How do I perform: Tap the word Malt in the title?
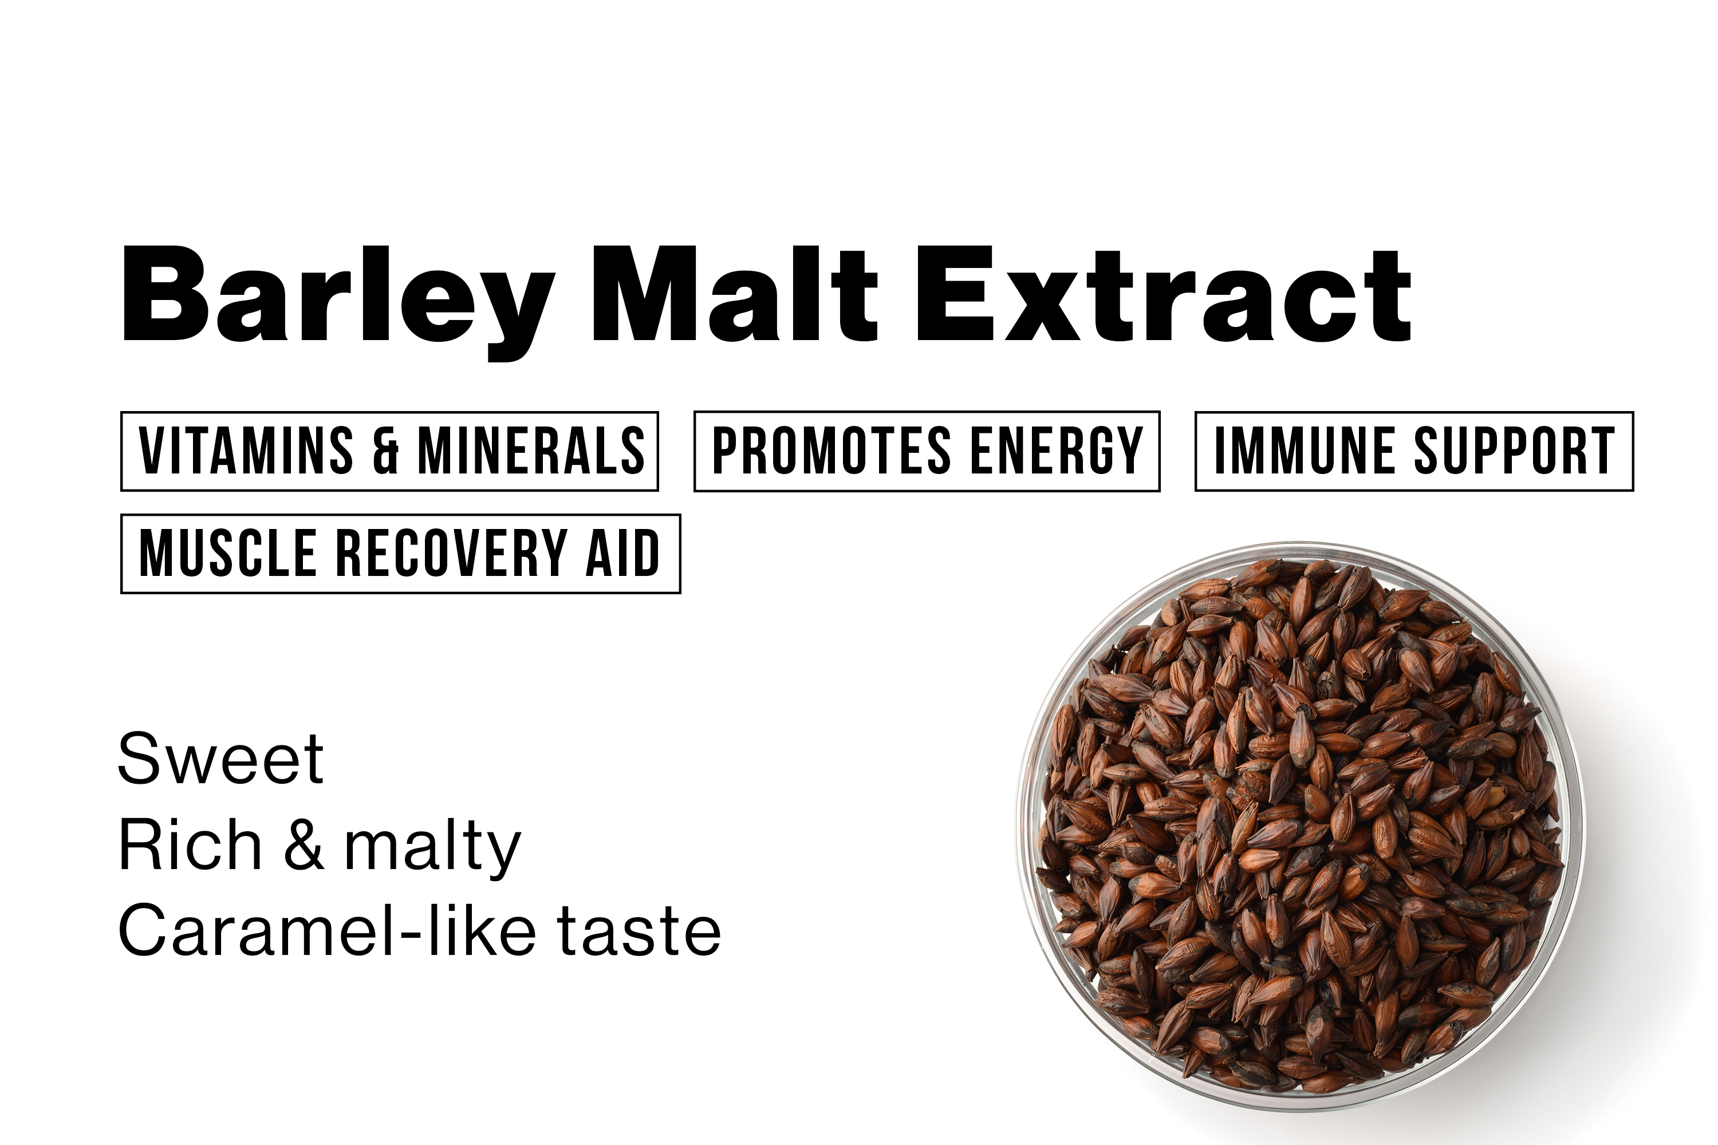pyautogui.click(x=734, y=294)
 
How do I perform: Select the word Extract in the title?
pyautogui.click(x=1163, y=294)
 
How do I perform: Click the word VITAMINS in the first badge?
pyautogui.click(x=246, y=451)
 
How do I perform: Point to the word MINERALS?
pyautogui.click(x=531, y=451)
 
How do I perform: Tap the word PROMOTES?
pyautogui.click(x=832, y=451)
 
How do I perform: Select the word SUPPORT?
pyautogui.click(x=1515, y=451)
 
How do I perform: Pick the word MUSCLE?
pyautogui.click(x=228, y=553)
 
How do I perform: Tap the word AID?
pyautogui.click(x=623, y=553)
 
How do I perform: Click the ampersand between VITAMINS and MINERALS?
pyautogui.click(x=385, y=451)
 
